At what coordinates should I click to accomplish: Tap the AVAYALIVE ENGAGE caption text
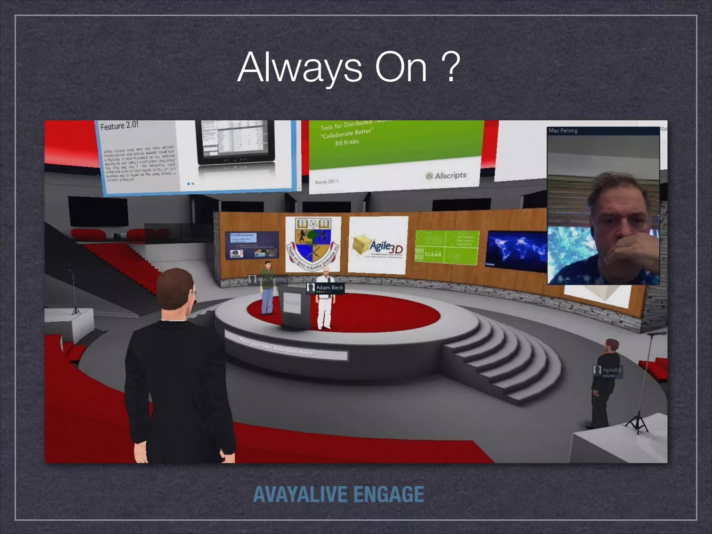pyautogui.click(x=339, y=494)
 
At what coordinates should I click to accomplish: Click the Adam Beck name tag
pyautogui.click(x=326, y=288)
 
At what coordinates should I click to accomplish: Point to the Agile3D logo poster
pyautogui.click(x=378, y=244)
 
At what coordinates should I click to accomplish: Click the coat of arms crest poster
pyautogui.click(x=313, y=244)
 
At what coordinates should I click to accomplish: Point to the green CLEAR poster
pyautogui.click(x=447, y=246)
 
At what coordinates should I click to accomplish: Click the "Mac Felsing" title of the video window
pyautogui.click(x=563, y=131)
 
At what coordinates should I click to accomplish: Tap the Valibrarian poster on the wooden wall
pyautogui.click(x=252, y=245)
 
